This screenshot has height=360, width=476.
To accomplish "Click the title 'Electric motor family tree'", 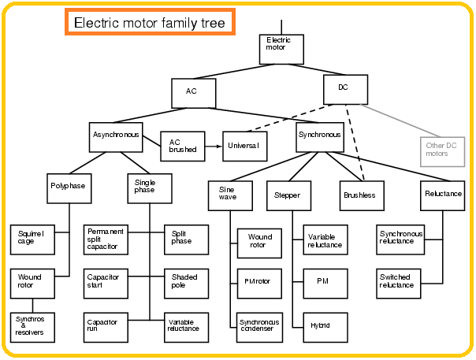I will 149,23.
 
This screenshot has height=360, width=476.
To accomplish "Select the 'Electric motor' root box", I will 281,48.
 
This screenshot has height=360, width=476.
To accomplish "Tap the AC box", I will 194,92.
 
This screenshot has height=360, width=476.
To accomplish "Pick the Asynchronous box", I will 117,135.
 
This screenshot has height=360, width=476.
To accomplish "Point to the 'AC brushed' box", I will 184,145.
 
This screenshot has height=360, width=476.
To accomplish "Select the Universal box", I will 245,145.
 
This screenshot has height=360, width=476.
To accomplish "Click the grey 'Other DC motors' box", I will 442,149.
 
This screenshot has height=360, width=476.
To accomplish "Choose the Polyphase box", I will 69,187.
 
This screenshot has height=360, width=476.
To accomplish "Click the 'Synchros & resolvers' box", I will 32,327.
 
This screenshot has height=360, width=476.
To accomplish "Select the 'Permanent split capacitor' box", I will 106,239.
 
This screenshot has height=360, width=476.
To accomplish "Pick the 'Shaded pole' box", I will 187,282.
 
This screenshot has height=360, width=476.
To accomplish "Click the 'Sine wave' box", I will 230,195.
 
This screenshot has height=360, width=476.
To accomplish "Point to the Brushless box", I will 363,195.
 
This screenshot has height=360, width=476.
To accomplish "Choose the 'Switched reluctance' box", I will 401,281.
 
